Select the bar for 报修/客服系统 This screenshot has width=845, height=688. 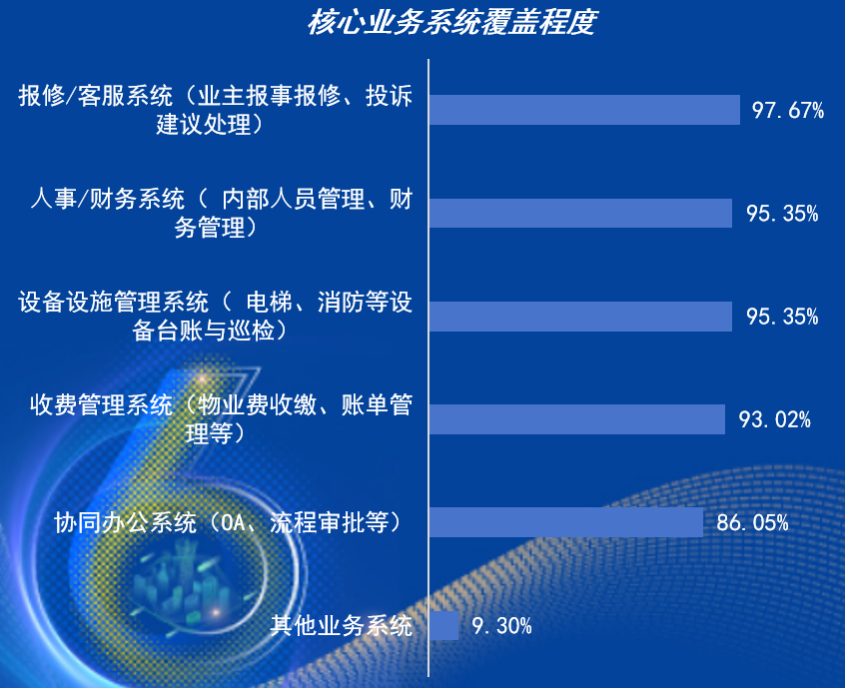click(584, 110)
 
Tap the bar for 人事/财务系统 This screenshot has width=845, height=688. click(581, 214)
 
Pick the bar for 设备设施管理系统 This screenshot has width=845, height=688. click(581, 317)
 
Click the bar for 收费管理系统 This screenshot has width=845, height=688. click(577, 419)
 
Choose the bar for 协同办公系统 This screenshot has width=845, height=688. click(566, 522)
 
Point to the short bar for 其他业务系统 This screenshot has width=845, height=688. click(444, 626)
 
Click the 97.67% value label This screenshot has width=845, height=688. click(788, 110)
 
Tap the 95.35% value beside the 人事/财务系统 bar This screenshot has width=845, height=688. click(782, 214)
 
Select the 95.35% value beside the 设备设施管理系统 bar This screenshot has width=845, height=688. click(782, 317)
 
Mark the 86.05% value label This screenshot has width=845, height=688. click(752, 522)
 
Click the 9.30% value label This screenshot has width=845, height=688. click(501, 626)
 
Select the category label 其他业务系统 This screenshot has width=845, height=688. click(342, 626)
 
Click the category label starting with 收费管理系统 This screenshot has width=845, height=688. click(221, 419)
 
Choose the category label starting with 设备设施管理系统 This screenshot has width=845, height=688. click(215, 316)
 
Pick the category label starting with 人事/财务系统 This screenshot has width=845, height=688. click(221, 213)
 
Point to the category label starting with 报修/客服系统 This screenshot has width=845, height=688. click(215, 110)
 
